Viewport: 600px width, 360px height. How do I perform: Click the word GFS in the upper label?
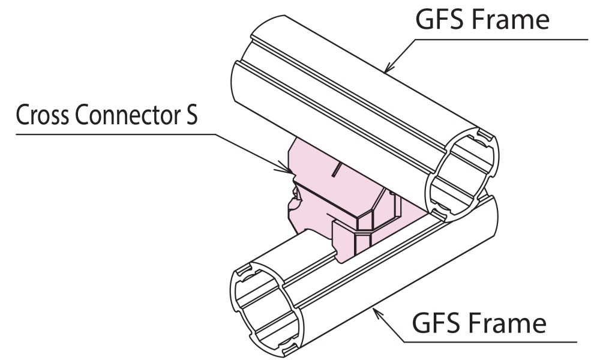(438, 20)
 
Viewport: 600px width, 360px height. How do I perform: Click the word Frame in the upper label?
(512, 20)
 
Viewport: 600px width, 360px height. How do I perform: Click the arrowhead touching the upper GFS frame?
(388, 68)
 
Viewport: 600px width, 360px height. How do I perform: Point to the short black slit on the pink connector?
(337, 170)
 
